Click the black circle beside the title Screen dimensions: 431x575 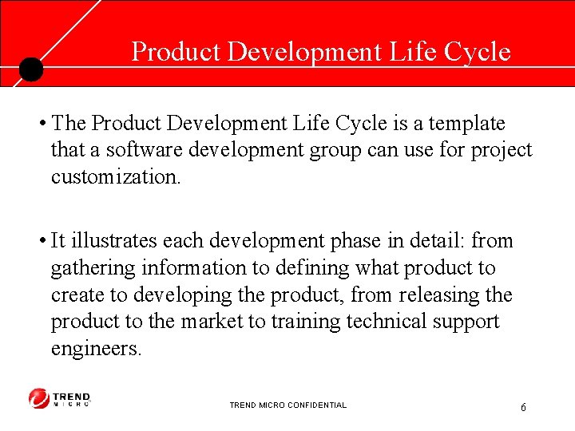30,69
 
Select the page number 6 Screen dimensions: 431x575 523,408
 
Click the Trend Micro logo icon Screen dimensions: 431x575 39,398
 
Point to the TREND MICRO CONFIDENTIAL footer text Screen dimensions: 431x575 287,405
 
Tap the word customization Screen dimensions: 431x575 116,176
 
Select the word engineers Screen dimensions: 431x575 96,350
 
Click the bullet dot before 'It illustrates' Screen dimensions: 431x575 40,241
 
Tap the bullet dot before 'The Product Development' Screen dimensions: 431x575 40,124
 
